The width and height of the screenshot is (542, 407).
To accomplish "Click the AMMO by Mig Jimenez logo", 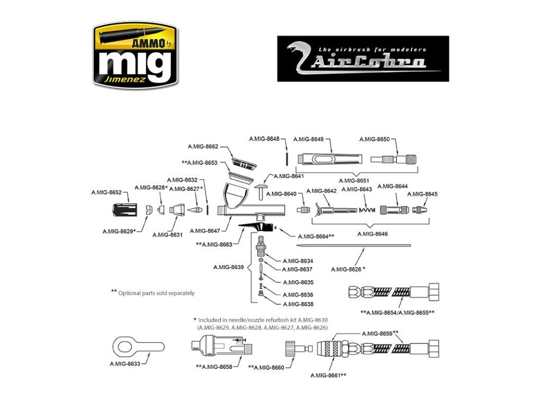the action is click(x=135, y=55).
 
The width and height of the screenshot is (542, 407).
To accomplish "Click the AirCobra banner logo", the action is click(x=363, y=59).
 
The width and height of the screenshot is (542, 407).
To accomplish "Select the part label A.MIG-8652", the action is click(x=106, y=192).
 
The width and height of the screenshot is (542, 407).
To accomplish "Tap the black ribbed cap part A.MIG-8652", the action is click(x=125, y=210).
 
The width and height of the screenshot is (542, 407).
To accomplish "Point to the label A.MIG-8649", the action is click(x=309, y=139).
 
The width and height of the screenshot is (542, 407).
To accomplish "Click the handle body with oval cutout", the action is click(x=330, y=159).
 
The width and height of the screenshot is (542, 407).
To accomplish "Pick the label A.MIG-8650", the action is click(x=374, y=139).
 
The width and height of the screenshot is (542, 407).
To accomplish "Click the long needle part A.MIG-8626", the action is click(x=354, y=246).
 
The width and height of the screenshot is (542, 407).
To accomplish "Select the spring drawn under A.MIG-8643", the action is click(x=367, y=210).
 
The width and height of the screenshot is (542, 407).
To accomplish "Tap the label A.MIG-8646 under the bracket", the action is click(x=372, y=234).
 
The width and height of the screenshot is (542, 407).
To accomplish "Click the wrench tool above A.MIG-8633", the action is click(x=139, y=347).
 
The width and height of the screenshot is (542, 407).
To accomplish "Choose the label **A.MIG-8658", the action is click(x=214, y=367).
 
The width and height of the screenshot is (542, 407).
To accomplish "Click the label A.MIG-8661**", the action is click(x=328, y=376).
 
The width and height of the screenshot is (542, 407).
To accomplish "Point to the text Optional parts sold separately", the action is click(x=156, y=293).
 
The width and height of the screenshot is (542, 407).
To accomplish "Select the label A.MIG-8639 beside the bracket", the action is click(x=229, y=267).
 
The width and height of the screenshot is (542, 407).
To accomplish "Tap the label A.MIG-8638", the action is click(x=298, y=304).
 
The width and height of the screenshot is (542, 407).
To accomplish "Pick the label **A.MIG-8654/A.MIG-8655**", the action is click(x=398, y=313).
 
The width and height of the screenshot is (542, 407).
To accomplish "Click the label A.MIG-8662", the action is click(x=203, y=146).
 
